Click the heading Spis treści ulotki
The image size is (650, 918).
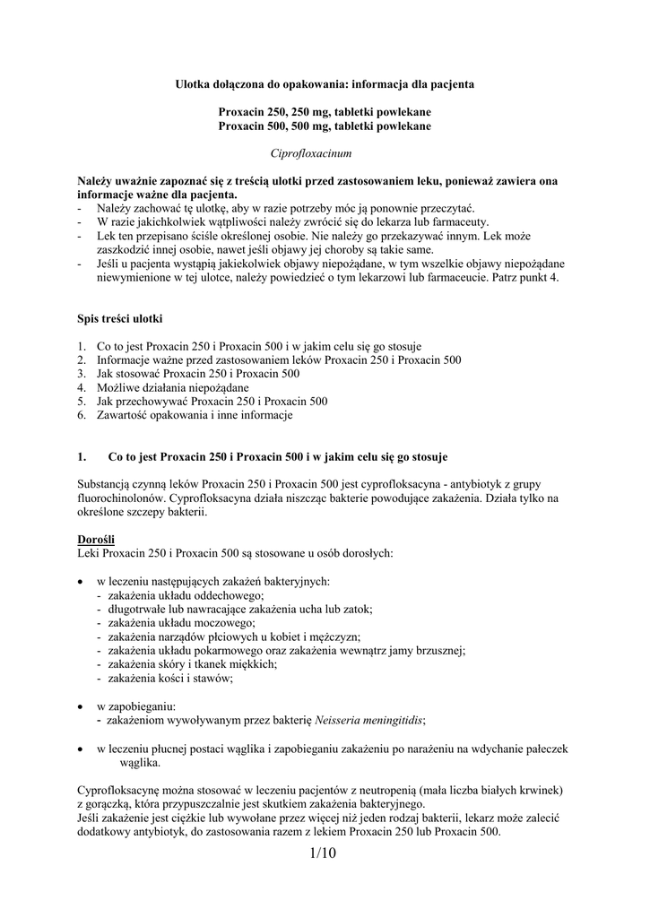point(120,319)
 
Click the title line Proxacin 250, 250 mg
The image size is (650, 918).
point(325,112)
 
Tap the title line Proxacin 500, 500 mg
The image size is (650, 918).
point(325,126)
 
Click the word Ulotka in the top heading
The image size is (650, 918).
point(192,83)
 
